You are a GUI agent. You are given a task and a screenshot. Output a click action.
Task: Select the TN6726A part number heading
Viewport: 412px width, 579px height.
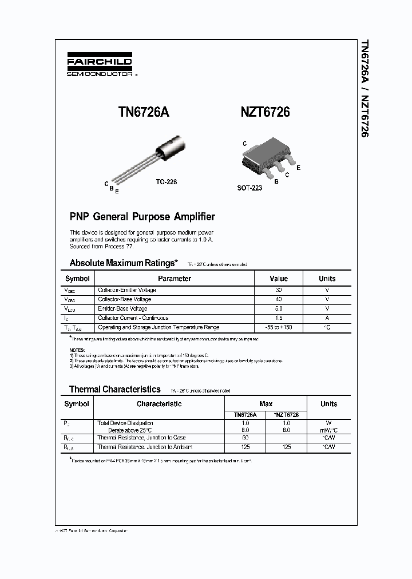coord(143,113)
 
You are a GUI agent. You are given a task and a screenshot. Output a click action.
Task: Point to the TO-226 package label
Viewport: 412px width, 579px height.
coord(167,181)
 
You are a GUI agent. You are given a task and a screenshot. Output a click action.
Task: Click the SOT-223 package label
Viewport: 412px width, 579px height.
coord(249,188)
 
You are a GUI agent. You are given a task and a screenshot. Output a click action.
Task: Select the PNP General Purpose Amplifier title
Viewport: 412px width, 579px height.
coord(142,217)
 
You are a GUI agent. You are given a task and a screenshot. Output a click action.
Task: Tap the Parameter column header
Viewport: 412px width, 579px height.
coord(175,279)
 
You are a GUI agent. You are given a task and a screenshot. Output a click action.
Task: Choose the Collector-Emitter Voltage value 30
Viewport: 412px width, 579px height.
coord(279,290)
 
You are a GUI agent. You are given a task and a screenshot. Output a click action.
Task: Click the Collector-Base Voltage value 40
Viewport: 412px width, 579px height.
coord(279,299)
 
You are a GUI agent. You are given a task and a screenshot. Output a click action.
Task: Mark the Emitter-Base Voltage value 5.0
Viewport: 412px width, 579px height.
coord(279,308)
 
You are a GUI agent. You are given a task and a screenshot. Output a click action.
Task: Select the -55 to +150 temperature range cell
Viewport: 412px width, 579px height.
coord(279,327)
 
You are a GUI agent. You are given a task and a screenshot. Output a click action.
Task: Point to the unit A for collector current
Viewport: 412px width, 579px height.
coord(327,318)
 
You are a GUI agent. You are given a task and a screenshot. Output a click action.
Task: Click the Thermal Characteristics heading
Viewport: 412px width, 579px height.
coord(114,389)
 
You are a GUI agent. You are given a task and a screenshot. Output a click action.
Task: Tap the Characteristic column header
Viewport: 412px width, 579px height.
coord(159,404)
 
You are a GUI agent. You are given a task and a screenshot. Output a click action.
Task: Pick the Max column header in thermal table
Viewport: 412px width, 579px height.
coord(266,404)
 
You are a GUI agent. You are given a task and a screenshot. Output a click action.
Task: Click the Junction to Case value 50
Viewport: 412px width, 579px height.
coord(245,438)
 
